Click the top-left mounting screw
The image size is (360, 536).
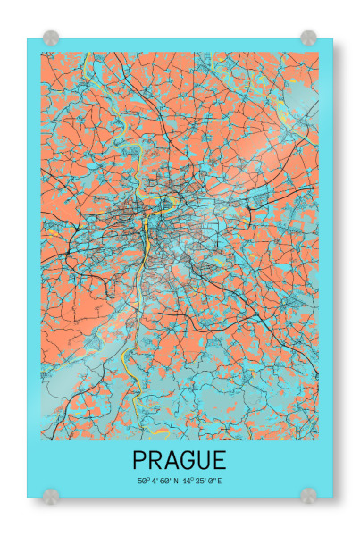click(x=50, y=38)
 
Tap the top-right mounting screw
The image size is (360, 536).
click(x=308, y=38)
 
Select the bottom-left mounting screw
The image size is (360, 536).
click(x=50, y=494)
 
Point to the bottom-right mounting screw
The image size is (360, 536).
click(x=308, y=494)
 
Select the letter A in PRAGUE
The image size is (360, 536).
click(x=173, y=461)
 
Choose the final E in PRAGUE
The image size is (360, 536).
click(x=221, y=461)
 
